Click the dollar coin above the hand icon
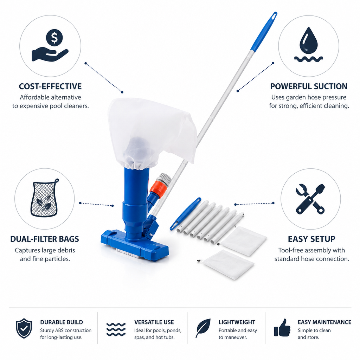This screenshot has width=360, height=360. [54, 37]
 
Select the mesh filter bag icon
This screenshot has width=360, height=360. [45, 198]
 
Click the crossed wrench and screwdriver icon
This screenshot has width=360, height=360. [310, 199]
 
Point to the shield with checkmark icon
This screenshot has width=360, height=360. [24, 328]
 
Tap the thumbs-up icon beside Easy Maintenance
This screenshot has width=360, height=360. [282, 328]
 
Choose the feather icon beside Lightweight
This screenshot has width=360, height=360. [203, 328]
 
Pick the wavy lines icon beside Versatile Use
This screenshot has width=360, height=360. [116, 329]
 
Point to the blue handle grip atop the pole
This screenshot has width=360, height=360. [264, 31]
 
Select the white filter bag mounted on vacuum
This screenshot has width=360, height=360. [151, 133]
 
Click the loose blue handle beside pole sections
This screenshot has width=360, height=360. [186, 214]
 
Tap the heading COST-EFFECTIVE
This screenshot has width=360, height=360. [50, 86]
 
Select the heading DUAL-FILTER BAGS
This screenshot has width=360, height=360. [45, 239]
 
